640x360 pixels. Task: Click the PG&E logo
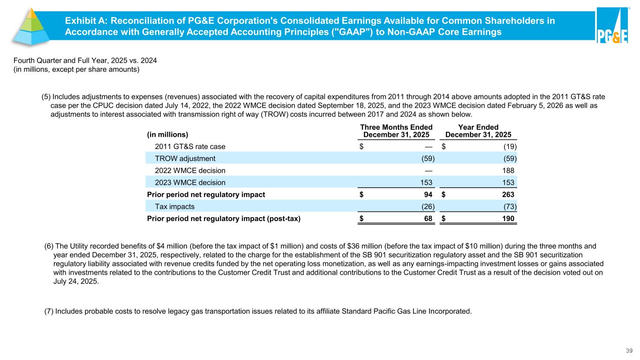point(612,27)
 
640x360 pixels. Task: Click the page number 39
point(630,351)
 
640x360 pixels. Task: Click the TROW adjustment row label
point(185,158)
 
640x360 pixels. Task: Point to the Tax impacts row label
point(175,207)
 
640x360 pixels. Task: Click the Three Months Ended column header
point(396,131)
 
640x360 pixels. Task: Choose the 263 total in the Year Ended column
point(508,195)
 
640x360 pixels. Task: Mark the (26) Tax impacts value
point(426,207)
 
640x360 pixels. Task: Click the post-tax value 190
point(508,219)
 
